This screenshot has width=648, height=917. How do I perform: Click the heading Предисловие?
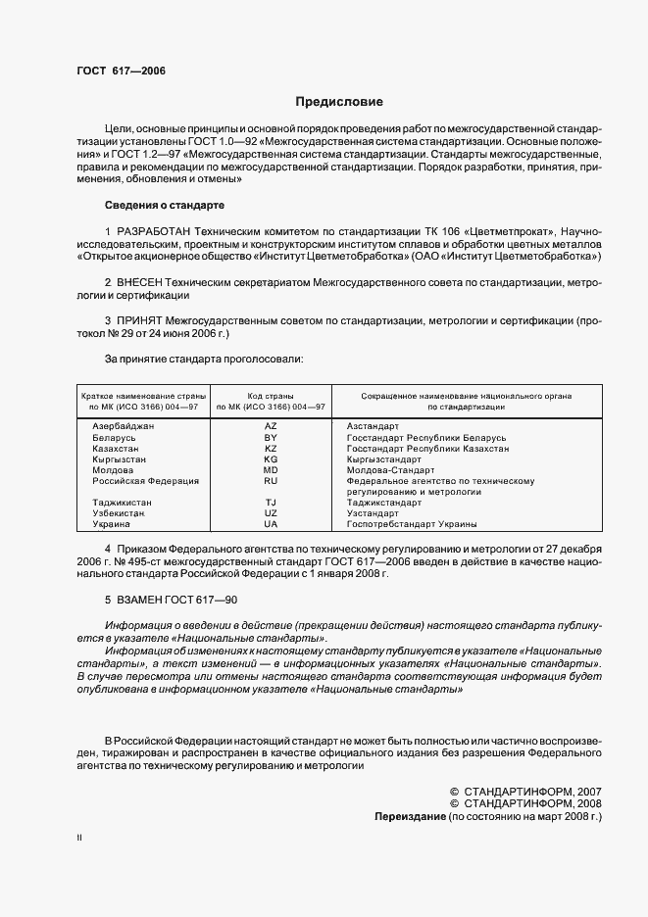(x=339, y=102)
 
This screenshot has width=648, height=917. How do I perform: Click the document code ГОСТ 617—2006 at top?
(x=117, y=72)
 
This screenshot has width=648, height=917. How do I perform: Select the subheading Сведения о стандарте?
(x=165, y=205)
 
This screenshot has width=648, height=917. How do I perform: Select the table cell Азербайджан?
(x=124, y=427)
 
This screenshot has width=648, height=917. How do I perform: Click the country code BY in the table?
(x=272, y=438)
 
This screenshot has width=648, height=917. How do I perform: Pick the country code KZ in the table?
(x=272, y=449)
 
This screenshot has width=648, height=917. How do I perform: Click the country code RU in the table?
(x=272, y=481)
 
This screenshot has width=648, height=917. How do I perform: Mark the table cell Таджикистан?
(x=122, y=503)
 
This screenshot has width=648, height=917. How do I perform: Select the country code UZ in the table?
(x=272, y=513)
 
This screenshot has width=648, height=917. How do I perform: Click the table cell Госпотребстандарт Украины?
(x=412, y=524)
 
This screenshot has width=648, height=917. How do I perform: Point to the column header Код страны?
(x=272, y=395)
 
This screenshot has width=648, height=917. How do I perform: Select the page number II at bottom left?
(x=80, y=839)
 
